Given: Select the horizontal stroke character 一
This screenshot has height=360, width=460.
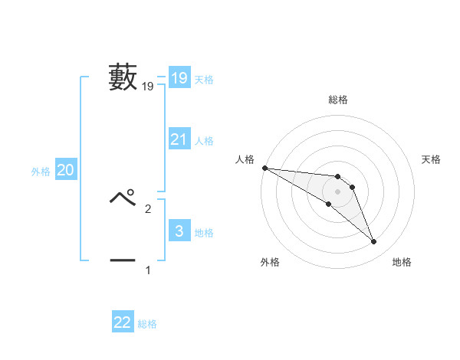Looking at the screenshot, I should (123, 261).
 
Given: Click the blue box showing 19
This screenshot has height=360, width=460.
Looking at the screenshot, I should (179, 78).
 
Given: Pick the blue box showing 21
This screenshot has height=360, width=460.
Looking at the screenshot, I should (179, 139).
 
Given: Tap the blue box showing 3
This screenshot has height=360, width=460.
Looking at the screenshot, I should (179, 231).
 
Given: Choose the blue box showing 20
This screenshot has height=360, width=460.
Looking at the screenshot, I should (66, 171).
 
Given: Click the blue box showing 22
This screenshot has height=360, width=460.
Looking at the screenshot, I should (123, 322).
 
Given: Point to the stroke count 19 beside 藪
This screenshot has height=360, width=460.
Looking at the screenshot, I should (148, 87).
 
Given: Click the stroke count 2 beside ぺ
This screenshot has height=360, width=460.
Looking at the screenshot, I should (148, 208).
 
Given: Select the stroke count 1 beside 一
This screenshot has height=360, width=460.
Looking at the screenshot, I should (148, 270).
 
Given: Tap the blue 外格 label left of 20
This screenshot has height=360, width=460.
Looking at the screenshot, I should (41, 172).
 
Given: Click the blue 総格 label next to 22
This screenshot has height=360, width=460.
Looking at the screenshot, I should (148, 324).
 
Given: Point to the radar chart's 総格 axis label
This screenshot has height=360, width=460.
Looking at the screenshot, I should (338, 100).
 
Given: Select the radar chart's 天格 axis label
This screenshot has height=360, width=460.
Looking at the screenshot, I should (432, 159).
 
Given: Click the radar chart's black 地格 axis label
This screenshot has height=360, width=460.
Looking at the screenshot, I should (402, 262).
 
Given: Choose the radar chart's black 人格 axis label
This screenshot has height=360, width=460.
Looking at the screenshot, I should (245, 159).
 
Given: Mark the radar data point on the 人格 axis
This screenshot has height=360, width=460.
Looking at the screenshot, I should (264, 167).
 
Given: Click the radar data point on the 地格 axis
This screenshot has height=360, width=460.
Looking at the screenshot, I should (374, 242).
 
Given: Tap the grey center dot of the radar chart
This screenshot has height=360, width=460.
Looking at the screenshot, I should (338, 191).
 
